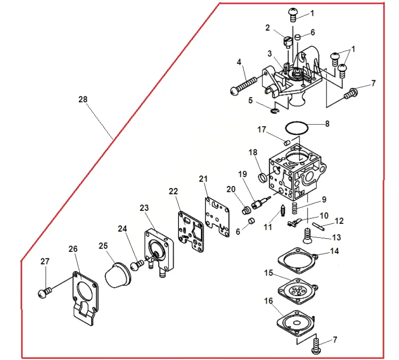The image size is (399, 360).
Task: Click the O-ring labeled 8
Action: click(297, 122)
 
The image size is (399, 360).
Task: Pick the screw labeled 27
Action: click(44, 292)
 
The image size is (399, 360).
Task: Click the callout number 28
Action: click(83, 99)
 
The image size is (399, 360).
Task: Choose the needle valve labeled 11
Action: click(282, 210)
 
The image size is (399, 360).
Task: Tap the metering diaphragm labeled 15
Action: click(298, 291)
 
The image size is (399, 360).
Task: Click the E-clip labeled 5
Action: click(275, 110)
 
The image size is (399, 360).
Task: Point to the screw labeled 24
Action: click(137, 265)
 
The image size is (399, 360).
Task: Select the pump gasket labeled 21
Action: click(217, 216)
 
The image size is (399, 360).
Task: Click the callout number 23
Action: click(144, 208)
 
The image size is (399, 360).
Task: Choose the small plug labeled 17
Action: click(287, 142)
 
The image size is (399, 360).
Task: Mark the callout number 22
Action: click(173, 191)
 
